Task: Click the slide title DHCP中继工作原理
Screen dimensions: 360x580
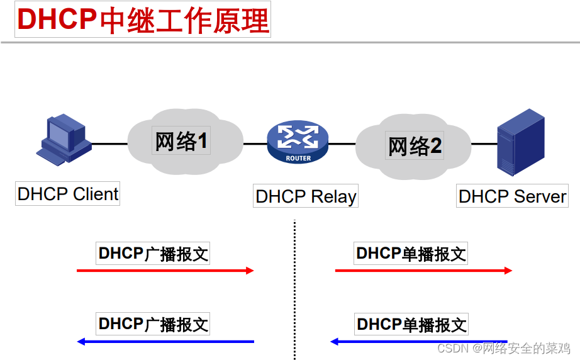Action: [x=143, y=20]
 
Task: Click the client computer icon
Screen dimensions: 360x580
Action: [x=62, y=140]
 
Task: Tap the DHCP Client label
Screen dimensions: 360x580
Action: [x=68, y=194]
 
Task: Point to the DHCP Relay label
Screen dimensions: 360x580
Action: [x=306, y=196]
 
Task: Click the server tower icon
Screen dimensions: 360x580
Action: [x=520, y=142]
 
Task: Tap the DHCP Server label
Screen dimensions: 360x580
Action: [x=512, y=196]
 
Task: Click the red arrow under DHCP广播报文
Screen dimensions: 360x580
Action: [x=165, y=271]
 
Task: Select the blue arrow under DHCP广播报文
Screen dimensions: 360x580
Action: [x=165, y=342]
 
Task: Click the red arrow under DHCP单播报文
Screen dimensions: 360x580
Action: [x=423, y=271]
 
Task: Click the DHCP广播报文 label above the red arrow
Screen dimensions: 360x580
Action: [x=153, y=254]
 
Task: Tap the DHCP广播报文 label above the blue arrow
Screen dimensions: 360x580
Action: [x=153, y=324]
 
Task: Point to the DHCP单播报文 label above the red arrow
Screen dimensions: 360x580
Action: [x=411, y=254]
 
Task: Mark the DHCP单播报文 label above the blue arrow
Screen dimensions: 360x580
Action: [x=411, y=325]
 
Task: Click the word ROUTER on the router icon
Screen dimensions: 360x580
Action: [x=298, y=158]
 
